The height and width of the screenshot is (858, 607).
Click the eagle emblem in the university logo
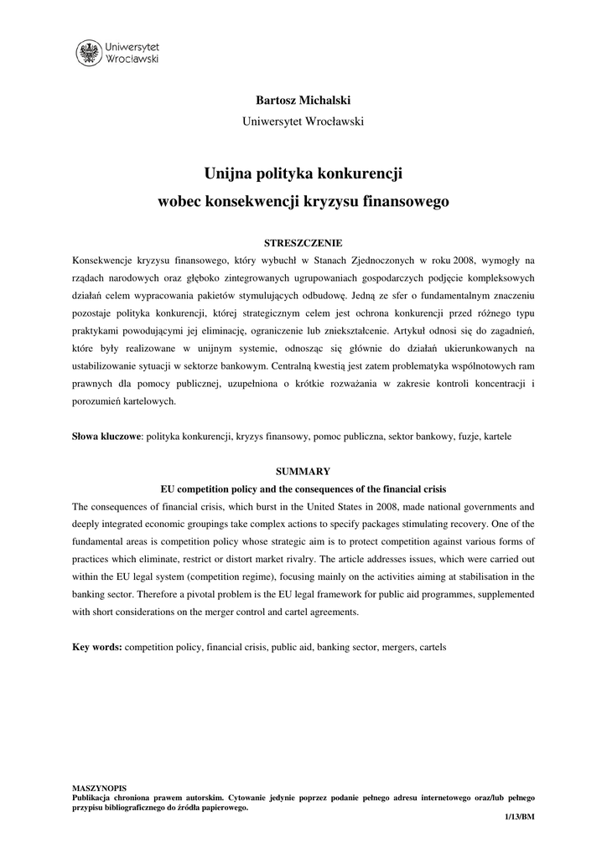(87, 54)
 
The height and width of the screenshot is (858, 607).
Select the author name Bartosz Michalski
(303, 100)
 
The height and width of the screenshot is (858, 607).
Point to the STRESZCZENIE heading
(303, 242)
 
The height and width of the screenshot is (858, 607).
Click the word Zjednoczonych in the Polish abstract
(372, 261)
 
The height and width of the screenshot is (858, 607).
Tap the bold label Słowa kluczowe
(106, 437)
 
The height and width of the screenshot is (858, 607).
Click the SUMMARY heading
(303, 472)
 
